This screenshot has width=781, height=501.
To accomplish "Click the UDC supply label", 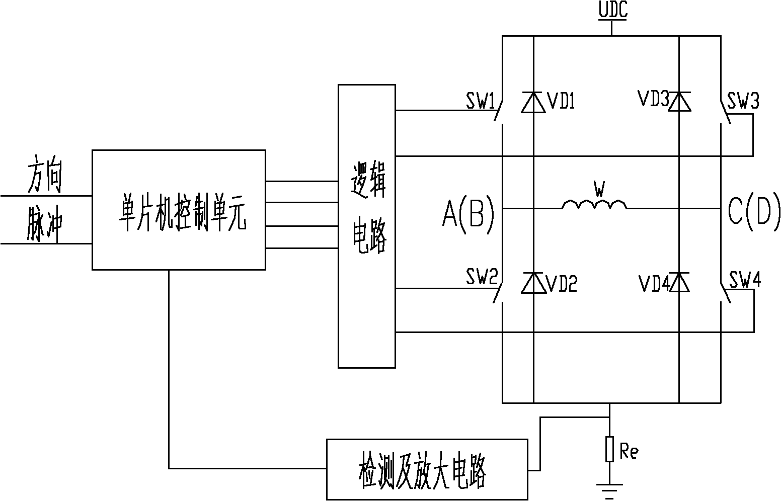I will pos(612,11).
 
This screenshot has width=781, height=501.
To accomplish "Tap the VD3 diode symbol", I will pos(679,102).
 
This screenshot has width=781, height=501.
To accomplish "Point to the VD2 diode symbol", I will pos(533,283).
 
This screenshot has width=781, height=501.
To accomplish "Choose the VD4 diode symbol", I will pos(679,283).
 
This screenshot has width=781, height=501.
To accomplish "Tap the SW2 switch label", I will pos(481,277).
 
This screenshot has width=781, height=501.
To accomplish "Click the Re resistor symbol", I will pos(609,449).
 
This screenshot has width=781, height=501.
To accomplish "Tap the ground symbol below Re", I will pos(609,489).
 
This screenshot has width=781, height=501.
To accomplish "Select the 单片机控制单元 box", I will pos(179,209).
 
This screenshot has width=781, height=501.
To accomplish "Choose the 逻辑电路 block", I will pos(367,226).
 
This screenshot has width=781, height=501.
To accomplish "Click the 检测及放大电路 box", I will pos(427,469).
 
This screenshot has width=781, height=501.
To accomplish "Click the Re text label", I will pos(629,451).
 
